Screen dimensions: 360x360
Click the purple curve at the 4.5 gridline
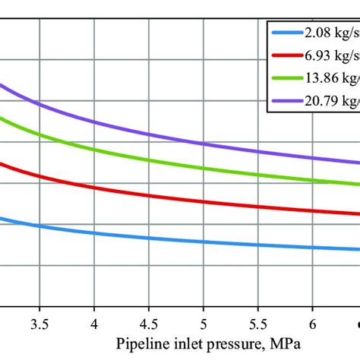(149, 134)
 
